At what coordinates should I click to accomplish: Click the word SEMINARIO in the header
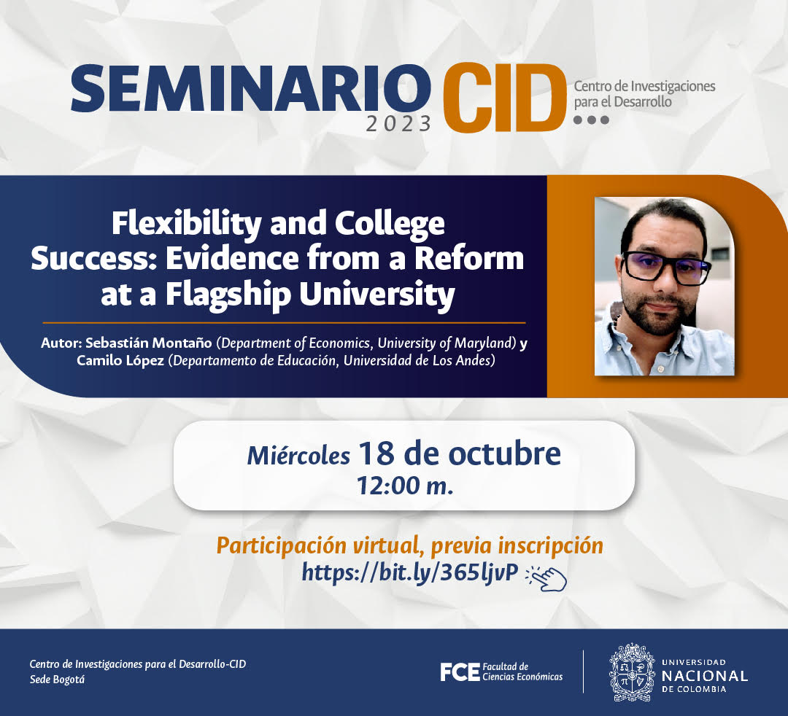click(x=251, y=88)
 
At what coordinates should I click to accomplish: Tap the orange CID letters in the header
click(x=504, y=98)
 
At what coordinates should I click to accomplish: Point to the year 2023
click(x=398, y=123)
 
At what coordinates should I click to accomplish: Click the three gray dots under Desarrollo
click(x=591, y=120)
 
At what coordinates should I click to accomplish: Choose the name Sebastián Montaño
click(x=148, y=343)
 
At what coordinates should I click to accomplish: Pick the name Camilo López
click(x=120, y=360)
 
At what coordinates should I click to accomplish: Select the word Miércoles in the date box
click(x=298, y=456)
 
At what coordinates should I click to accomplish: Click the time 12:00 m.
click(x=404, y=486)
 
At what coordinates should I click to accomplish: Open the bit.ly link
click(x=409, y=572)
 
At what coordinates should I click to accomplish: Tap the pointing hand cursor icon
click(x=546, y=578)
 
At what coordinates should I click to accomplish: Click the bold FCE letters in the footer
click(x=460, y=672)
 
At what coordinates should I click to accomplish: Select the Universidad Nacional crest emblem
click(x=632, y=672)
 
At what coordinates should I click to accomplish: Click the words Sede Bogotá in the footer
click(x=58, y=680)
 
